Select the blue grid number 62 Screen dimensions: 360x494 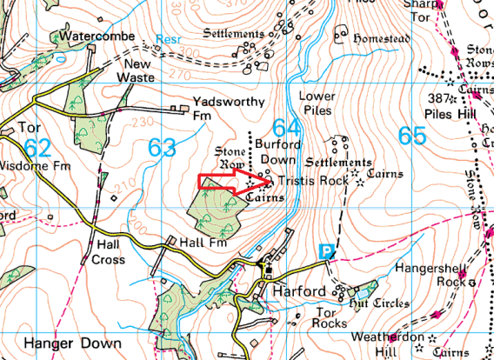point(37,145)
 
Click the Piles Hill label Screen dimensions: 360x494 point(441,112)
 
